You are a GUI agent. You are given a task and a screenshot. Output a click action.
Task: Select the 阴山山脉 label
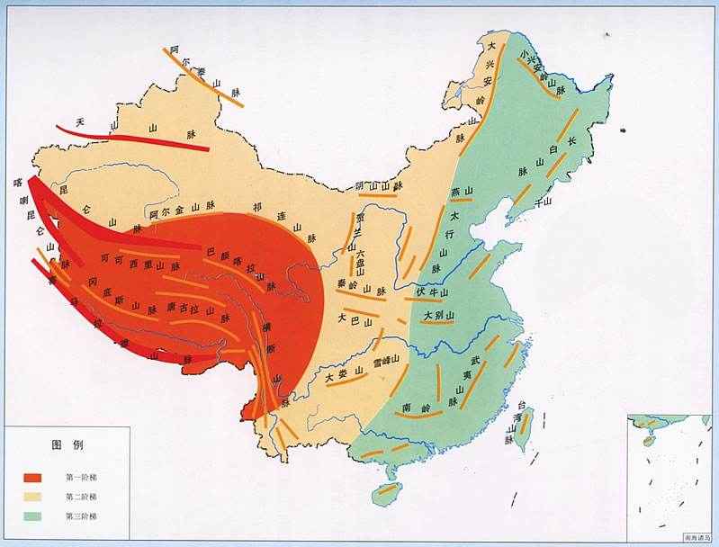pyautogui.click(x=375, y=184)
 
